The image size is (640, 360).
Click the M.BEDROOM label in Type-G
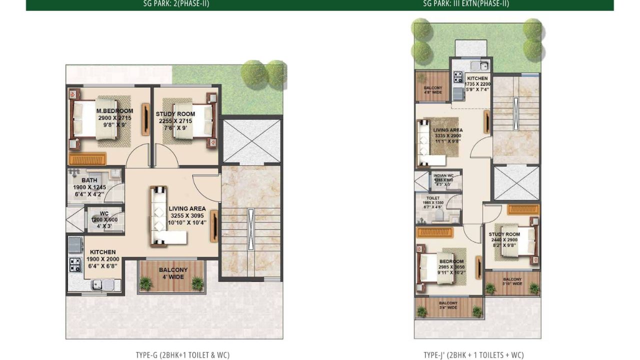114,111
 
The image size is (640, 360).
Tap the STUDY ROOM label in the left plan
175,114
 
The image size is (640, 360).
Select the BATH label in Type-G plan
89,180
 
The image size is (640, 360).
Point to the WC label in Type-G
103,213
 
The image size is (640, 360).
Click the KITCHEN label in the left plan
103,252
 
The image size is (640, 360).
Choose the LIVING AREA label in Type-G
187,209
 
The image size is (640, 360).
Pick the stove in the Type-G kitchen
75,263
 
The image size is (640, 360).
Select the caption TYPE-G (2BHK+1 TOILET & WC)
182,355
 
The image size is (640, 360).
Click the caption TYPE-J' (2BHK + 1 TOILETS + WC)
473,355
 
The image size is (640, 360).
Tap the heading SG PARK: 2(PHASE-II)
176,4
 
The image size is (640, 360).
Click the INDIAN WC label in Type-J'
443,175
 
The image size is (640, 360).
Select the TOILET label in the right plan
432,198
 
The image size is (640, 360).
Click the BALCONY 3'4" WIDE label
448,303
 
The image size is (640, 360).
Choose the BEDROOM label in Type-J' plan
451,261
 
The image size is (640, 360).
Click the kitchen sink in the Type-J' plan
482,65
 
